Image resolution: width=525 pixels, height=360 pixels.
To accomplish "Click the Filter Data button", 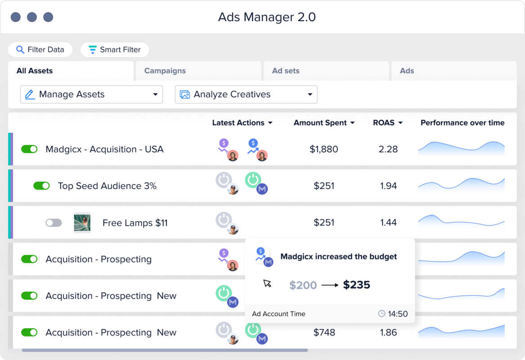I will (40, 49).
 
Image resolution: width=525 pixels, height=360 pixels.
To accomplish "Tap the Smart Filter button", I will (115, 49).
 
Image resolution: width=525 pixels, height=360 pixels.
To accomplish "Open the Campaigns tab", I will (165, 71).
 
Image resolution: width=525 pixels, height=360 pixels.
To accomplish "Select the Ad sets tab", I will (286, 71).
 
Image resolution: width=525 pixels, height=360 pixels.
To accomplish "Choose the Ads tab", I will (407, 71).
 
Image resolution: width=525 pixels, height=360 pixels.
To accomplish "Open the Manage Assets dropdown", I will (91, 94).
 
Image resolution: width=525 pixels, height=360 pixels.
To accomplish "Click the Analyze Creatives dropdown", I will (246, 94).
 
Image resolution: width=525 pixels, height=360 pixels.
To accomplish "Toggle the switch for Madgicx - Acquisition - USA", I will (29, 149).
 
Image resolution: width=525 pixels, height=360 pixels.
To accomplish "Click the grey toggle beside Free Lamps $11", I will (54, 223).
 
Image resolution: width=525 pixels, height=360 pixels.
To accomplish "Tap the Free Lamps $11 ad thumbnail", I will (82, 223).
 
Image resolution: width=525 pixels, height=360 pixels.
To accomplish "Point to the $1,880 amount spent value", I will (323, 149).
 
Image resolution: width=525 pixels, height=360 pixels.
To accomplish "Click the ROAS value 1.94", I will (388, 186).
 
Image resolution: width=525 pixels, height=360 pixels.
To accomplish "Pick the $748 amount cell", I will (324, 333).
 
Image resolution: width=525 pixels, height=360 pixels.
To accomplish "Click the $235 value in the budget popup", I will (356, 285).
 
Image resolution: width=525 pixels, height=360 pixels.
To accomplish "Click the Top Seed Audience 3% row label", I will (107, 186).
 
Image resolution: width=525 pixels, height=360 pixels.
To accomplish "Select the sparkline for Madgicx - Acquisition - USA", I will (461, 149).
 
